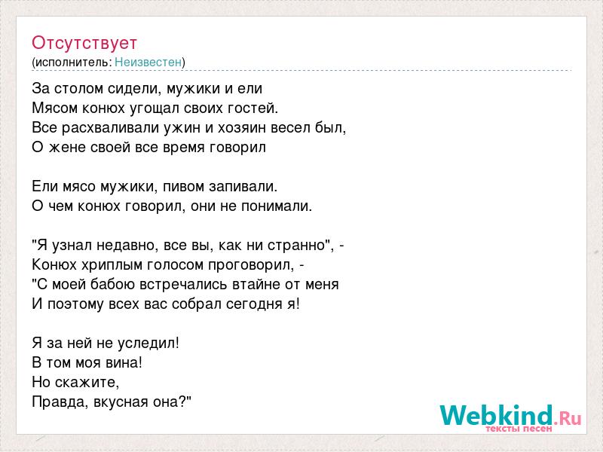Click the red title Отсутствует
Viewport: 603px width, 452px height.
pos(84,43)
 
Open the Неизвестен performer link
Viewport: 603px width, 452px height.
pos(148,63)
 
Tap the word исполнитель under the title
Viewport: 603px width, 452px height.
pos(72,63)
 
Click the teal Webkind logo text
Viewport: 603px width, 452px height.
pos(497,415)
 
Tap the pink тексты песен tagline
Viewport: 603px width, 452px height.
pos(519,429)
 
